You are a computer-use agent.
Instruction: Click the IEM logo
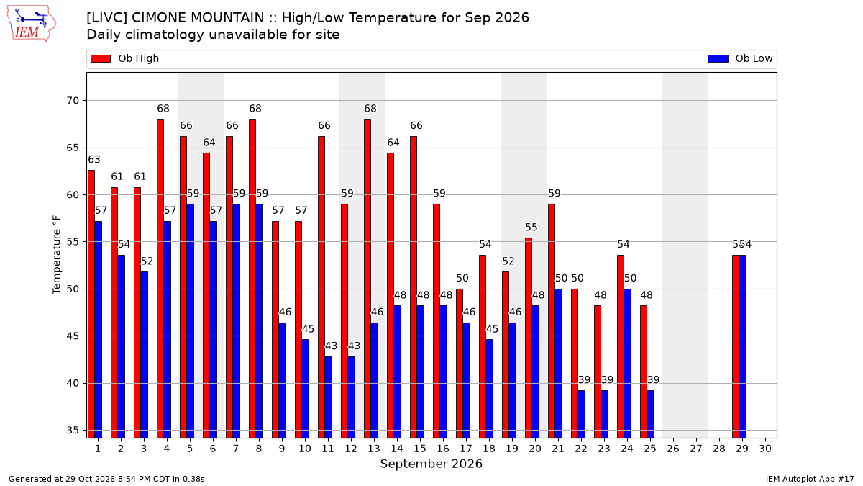[x=32, y=24]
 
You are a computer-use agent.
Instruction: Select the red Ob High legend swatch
[x=101, y=58]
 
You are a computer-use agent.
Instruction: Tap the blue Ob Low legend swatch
[x=718, y=58]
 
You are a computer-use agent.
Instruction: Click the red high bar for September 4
[x=160, y=279]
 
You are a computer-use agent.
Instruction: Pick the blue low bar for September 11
[x=328, y=397]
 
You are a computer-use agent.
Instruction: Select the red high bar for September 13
[x=367, y=279]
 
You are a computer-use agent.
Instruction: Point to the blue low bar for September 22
[x=581, y=414]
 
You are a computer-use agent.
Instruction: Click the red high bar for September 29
[x=736, y=346]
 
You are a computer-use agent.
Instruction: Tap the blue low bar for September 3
[x=144, y=355]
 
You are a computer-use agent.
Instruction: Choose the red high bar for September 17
[x=460, y=364]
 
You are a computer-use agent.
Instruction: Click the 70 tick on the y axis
[x=73, y=101]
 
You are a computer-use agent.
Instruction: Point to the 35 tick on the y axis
[x=73, y=431]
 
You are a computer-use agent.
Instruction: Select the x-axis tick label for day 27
[x=696, y=449]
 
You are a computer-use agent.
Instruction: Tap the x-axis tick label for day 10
[x=305, y=449]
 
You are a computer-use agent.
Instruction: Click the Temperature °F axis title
[x=57, y=255]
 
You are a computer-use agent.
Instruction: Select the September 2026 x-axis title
[x=431, y=464]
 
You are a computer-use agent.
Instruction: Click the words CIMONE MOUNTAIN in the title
[x=198, y=18]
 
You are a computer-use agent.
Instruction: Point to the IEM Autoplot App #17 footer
[x=810, y=479]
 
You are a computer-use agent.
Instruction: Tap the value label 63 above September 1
[x=94, y=159]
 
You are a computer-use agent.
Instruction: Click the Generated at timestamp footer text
[x=106, y=479]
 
